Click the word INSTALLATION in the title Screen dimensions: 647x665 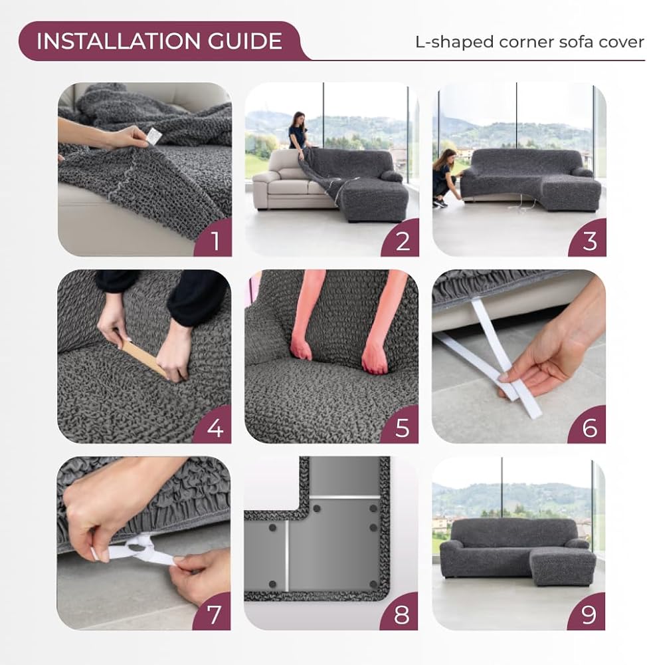pos(118,41)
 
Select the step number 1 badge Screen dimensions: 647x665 pos(213,238)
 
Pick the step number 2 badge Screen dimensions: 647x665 pos(401,238)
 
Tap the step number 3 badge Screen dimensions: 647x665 pos(588,238)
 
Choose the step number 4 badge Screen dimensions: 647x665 pos(213,426)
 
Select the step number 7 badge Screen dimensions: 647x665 pos(213,612)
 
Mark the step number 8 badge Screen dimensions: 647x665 pos(400,612)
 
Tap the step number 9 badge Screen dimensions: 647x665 pos(587,612)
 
